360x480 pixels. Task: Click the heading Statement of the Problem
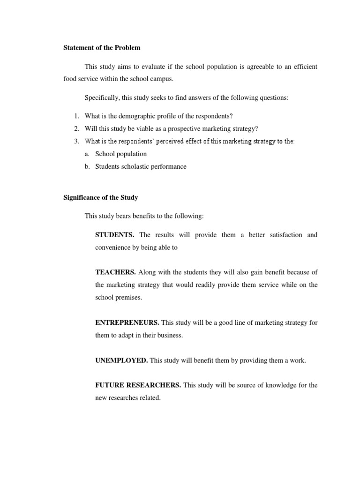tap(102, 48)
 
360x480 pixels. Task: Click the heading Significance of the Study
tap(100, 198)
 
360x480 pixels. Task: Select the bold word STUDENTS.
tap(115, 235)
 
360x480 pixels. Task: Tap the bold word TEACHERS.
tap(115, 272)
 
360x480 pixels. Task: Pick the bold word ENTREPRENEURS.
tap(127, 322)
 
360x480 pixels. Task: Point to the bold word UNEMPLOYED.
tap(121, 360)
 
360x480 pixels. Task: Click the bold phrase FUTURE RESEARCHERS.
tap(138, 385)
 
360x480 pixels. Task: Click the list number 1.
tap(76, 116)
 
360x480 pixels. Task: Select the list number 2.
tap(76, 129)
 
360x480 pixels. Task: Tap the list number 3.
tap(76, 142)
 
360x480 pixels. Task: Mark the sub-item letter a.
tap(87, 154)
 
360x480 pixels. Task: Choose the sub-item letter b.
tap(87, 167)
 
